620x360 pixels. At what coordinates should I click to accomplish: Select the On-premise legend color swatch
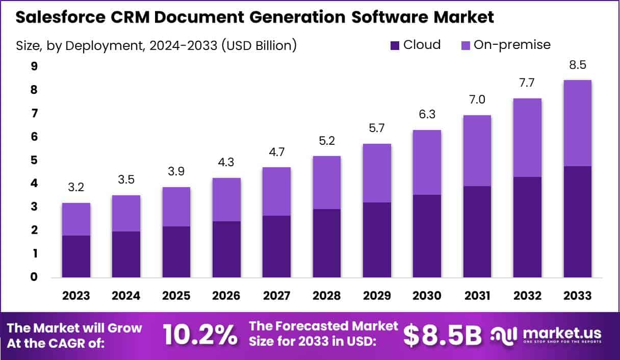coord(466,45)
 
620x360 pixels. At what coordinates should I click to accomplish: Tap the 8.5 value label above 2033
coord(578,65)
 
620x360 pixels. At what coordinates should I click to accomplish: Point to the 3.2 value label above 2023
coord(76,188)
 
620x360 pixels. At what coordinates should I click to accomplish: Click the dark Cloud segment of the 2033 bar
coord(578,221)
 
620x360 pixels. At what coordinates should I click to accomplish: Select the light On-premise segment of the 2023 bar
coord(76,219)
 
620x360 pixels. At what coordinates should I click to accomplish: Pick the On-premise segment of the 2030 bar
coord(427,162)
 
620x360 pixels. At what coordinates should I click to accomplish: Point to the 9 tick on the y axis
coord(20,66)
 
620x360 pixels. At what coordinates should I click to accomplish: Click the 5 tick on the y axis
coord(20,160)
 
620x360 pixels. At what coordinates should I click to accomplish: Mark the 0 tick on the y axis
coord(20,277)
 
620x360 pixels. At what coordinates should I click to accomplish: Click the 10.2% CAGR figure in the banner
coord(200,335)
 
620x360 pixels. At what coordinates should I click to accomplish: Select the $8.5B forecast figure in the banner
coord(442,335)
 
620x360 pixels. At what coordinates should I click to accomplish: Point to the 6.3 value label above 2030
coord(427,115)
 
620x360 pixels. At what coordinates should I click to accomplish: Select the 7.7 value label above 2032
coord(528,83)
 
